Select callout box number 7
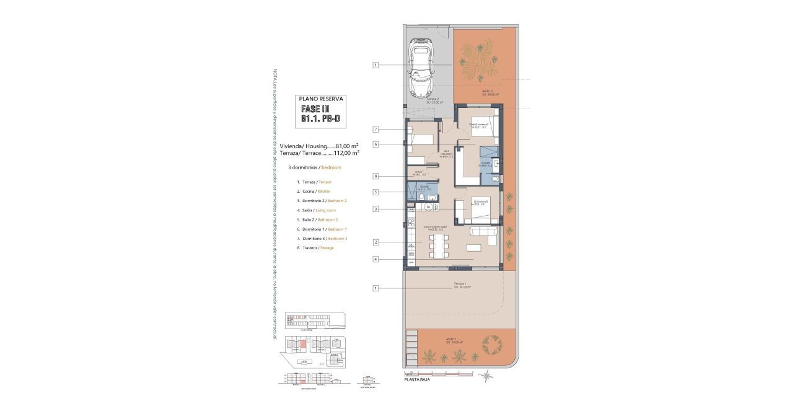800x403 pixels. pos(376,129)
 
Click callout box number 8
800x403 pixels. pos(376,176)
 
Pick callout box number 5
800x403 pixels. pos(376,192)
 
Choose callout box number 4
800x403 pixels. pos(376,259)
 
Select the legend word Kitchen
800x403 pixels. pos(324,192)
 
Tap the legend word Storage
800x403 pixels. pos(327,248)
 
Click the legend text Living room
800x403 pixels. pos(329,210)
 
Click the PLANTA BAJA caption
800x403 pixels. pos(416,379)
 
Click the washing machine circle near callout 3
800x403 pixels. pos(428,206)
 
